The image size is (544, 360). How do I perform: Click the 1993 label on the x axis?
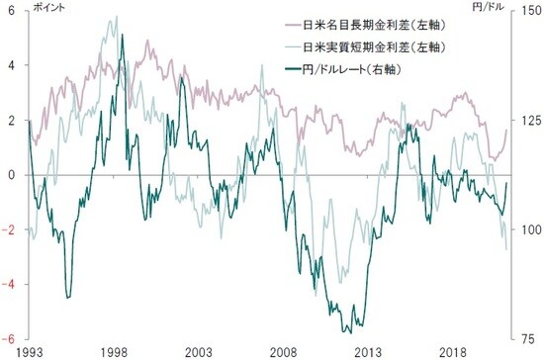pyautogui.click(x=31, y=352)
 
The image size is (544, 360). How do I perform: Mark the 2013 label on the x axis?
pyautogui.click(x=368, y=352)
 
